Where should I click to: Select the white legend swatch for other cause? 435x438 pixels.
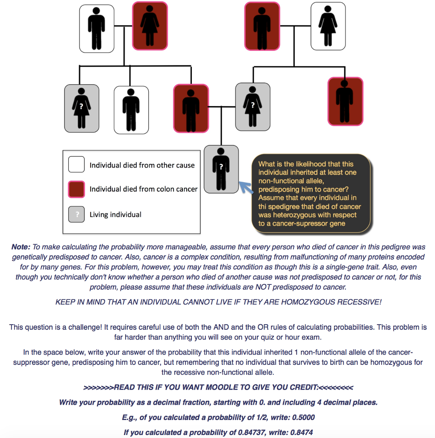tap(76, 164)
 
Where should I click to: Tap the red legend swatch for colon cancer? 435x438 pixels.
tap(76, 189)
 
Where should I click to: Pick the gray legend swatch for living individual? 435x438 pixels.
tap(76, 214)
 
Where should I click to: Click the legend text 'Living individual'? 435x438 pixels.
tap(115, 215)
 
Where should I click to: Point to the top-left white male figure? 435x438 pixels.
tap(97, 29)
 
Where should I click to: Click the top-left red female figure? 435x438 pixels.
tap(150, 26)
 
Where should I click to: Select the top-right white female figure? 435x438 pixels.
tap(328, 26)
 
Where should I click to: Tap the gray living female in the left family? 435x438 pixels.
tap(82, 108)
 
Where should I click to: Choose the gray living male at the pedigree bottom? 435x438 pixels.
tap(221, 169)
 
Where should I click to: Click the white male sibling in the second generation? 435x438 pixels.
tap(131, 110)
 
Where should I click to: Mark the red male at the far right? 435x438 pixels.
tap(345, 101)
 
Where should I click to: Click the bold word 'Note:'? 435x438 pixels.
tap(21, 247)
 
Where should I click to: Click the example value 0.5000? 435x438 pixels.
tap(303, 417)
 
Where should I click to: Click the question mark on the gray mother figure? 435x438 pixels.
tap(253, 105)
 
